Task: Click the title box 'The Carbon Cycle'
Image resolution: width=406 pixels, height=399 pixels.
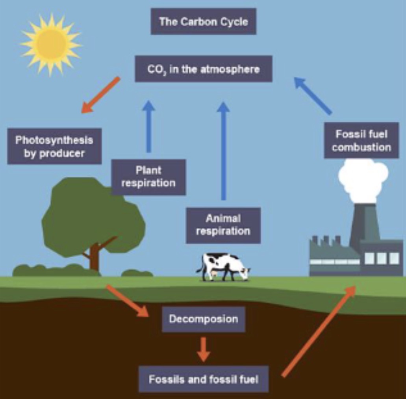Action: pos(204,21)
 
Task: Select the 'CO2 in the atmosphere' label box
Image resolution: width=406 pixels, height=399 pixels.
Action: pos(204,69)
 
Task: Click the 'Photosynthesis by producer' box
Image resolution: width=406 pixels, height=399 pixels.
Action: pos(54,146)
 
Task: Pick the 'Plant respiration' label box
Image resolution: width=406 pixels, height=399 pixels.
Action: pos(148,177)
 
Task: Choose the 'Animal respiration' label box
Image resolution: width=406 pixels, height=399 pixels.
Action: pos(223,225)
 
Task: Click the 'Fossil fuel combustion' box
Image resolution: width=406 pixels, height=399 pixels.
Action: pos(361,141)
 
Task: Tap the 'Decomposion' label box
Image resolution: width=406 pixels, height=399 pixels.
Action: pos(204,318)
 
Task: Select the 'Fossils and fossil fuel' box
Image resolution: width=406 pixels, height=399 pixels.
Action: pos(204,379)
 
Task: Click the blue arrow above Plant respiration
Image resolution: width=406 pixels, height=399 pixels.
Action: pos(148,126)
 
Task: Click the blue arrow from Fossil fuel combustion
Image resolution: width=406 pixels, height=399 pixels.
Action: pos(313,95)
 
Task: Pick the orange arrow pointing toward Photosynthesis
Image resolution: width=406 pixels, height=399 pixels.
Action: pos(101,95)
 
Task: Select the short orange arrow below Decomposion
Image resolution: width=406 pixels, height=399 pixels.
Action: pos(203,349)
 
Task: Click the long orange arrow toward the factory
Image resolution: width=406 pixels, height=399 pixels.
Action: pos(319,331)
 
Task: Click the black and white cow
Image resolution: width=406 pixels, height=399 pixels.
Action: pos(223,267)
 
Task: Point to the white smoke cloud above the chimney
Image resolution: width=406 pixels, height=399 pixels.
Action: pos(363,180)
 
